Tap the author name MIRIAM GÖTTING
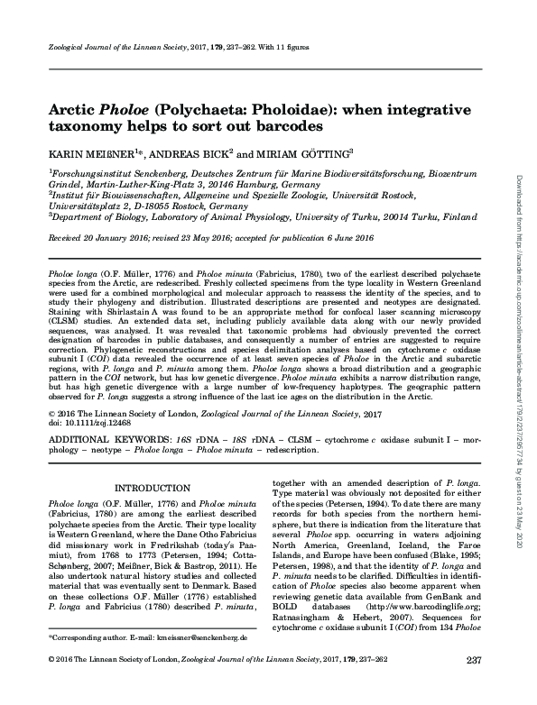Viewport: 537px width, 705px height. tap(304, 154)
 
